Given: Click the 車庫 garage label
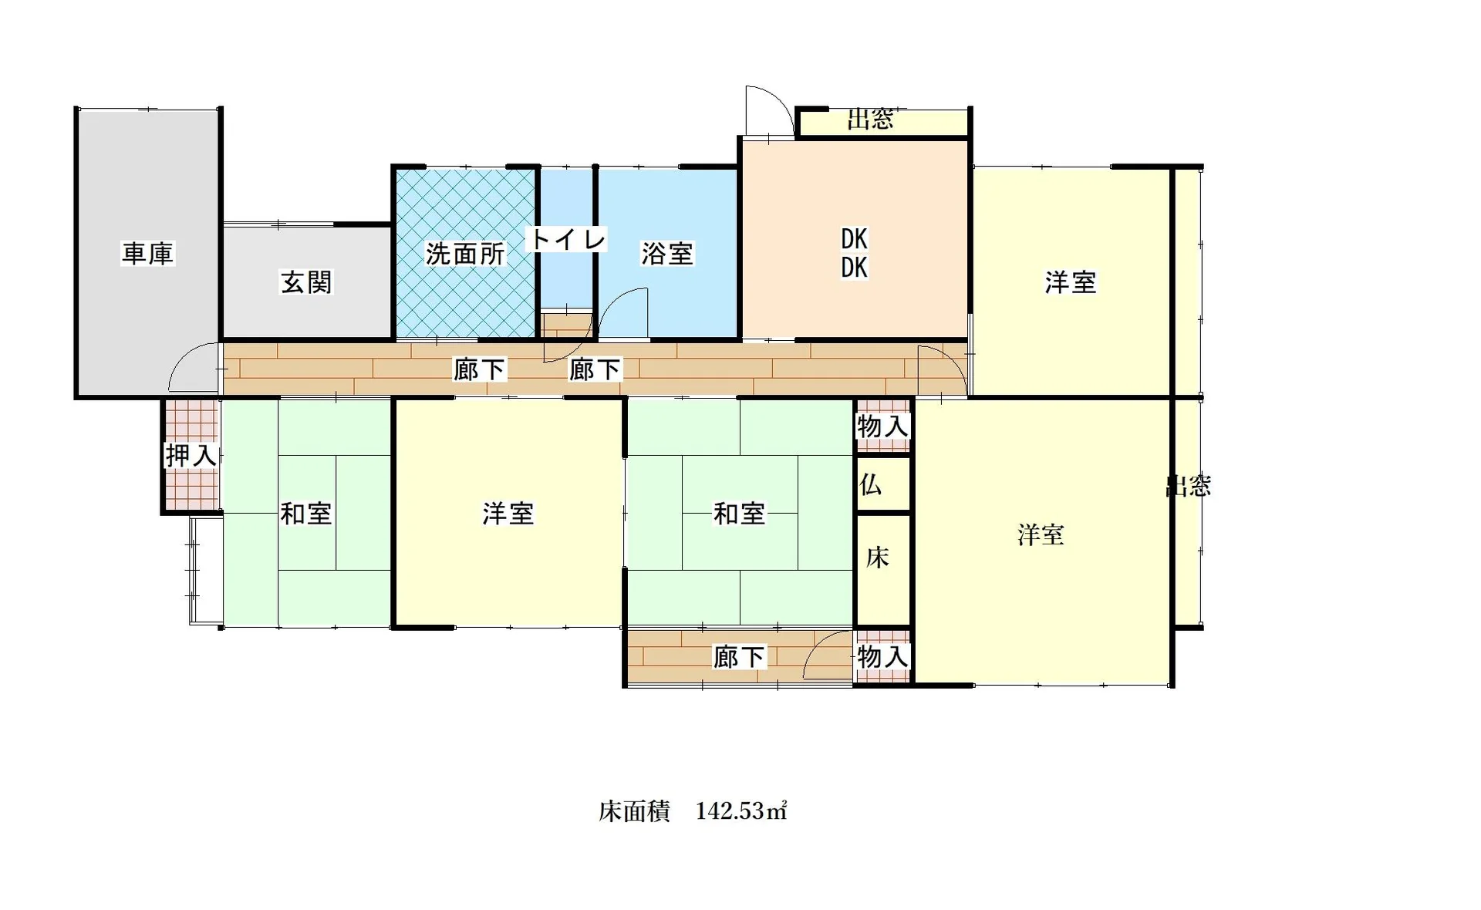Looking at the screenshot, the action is (148, 253).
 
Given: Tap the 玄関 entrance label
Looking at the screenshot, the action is (306, 282).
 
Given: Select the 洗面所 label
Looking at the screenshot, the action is (465, 254).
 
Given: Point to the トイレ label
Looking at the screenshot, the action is (567, 239).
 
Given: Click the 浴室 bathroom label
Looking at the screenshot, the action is (667, 254).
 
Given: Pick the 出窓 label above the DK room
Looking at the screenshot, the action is (871, 120).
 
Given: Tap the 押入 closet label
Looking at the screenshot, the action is (191, 456).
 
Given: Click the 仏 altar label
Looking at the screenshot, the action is (871, 485).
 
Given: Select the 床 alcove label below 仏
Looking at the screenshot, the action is (878, 558).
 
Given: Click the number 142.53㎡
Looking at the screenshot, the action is (741, 811).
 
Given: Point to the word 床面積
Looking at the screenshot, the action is (634, 811).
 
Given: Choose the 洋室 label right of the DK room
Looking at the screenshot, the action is (1071, 282).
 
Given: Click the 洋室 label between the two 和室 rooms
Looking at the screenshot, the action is (508, 514).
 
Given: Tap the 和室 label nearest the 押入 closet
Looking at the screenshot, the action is (306, 514).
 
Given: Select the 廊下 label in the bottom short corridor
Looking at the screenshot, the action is (739, 657).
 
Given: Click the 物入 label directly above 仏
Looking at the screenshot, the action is (883, 426).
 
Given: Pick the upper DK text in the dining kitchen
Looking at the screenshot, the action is (854, 239).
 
